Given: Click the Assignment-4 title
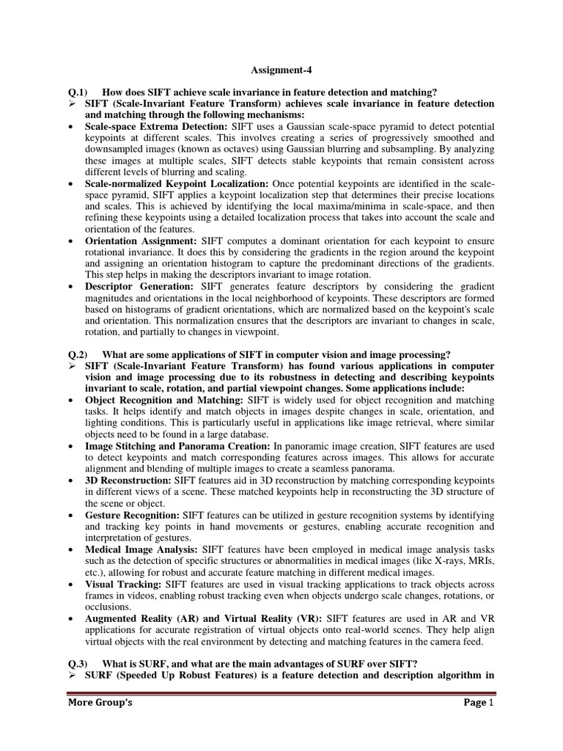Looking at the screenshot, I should tap(281, 72).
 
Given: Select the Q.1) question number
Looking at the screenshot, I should tap(78, 92).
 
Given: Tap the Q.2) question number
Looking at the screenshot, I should tap(78, 356).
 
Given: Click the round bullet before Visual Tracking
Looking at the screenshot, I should tap(70, 585).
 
